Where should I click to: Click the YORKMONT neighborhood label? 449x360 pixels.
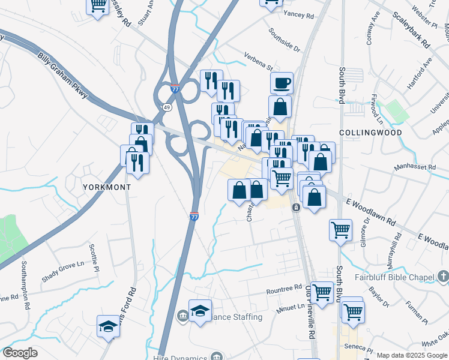pyautogui.click(x=106, y=187)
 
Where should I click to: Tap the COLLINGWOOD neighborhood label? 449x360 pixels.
pyautogui.click(x=369, y=132)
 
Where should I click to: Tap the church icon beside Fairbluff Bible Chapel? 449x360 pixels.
pyautogui.click(x=443, y=277)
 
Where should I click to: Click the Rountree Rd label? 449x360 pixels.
pyautogui.click(x=284, y=290)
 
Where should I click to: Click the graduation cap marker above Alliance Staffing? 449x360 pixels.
pyautogui.click(x=200, y=311)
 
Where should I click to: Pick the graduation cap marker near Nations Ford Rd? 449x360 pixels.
pyautogui.click(x=109, y=326)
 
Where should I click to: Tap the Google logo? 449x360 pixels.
pyautogui.click(x=20, y=353)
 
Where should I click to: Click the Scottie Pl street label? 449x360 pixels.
pyautogui.click(x=94, y=257)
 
